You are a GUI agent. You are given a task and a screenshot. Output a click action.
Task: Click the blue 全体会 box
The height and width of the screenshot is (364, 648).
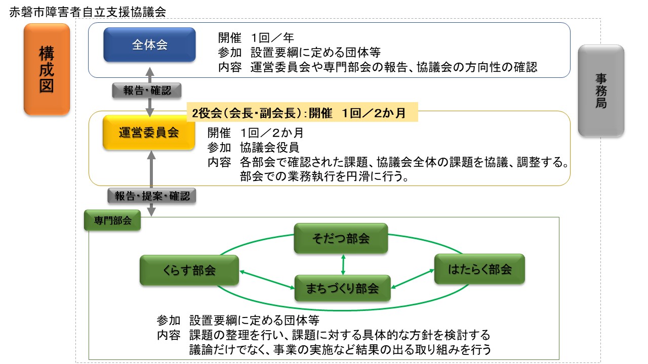coord(149,44)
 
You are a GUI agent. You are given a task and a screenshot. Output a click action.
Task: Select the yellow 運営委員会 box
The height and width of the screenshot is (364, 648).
coord(149,132)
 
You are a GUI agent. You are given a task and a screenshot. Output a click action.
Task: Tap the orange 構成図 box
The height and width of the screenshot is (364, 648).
coord(47,69)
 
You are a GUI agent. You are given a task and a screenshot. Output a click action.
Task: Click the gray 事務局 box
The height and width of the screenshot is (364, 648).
coord(601,90)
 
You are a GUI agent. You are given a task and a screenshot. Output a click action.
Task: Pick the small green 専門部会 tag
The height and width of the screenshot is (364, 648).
coord(112,220)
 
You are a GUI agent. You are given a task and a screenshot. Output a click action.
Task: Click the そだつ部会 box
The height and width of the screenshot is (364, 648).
coord(341,239)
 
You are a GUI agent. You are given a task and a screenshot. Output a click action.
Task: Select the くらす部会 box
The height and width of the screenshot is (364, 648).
coord(189,270)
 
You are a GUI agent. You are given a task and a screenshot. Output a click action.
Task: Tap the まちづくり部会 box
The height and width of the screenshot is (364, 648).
coord(342,289)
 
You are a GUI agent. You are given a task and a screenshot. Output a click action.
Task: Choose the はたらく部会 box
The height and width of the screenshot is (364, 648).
coord(479,269)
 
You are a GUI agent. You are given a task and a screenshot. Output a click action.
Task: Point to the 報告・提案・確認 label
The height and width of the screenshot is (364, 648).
coord(152,195)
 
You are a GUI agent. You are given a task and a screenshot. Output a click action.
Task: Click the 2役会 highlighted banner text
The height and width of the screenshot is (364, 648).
coord(302,112)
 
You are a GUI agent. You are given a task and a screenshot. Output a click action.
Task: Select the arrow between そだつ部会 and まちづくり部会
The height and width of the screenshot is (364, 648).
coord(343,264)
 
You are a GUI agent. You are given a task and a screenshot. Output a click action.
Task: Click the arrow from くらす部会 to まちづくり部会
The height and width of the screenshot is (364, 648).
coord(267,280)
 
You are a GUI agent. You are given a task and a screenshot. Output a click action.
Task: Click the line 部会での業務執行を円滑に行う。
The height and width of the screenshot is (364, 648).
coord(324,177)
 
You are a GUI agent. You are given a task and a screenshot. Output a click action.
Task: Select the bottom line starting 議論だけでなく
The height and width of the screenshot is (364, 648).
coord(340,349)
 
